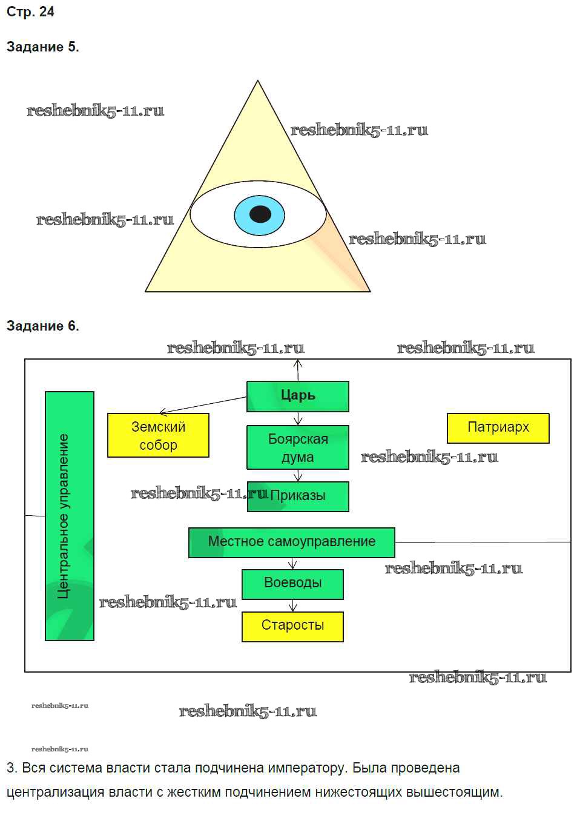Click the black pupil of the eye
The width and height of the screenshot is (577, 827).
[260, 214]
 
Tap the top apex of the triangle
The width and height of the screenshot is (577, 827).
[258, 82]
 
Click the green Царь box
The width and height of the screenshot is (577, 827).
[298, 397]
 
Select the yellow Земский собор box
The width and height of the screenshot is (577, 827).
[158, 435]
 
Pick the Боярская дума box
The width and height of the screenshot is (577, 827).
[298, 447]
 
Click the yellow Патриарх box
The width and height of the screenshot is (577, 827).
[498, 428]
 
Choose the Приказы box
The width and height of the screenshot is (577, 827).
[298, 496]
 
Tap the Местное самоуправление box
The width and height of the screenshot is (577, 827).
[291, 542]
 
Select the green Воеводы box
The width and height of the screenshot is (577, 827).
[292, 584]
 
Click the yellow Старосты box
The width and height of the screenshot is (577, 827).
[292, 626]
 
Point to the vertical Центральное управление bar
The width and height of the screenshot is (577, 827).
[70, 516]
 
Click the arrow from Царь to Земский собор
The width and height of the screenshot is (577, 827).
[203, 405]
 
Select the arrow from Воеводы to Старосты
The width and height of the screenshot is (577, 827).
[293, 605]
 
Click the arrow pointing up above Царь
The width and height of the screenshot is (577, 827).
[297, 369]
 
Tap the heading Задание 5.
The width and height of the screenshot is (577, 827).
[42, 47]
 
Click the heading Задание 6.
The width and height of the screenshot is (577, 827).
[42, 326]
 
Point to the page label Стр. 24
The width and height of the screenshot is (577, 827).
[30, 12]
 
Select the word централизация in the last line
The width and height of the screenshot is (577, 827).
[49, 792]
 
